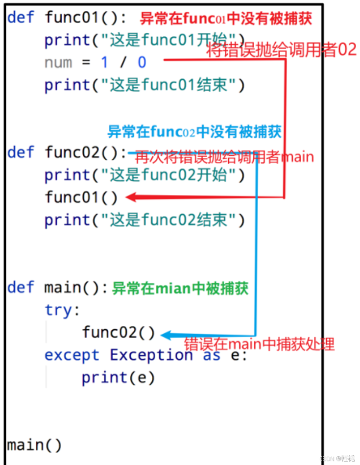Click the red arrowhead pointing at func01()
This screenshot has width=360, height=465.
[x=131, y=197]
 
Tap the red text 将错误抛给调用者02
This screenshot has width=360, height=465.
[x=281, y=50]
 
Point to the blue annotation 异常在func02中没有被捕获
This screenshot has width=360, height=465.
[x=194, y=131]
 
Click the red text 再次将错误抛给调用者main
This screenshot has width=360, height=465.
[x=224, y=157]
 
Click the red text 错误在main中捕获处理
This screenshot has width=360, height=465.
[x=259, y=344]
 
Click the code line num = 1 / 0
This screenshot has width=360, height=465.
[x=96, y=62]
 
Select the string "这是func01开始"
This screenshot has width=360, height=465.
[x=168, y=40]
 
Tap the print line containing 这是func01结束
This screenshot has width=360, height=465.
[x=144, y=85]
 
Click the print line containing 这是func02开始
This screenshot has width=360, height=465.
[x=144, y=175]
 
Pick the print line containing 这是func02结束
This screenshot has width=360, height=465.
[x=144, y=220]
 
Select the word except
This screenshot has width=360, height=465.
[x=72, y=355]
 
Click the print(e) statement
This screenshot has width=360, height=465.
[x=118, y=378]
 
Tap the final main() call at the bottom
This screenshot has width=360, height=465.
[x=35, y=445]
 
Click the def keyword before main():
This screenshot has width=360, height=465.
[x=21, y=288]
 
